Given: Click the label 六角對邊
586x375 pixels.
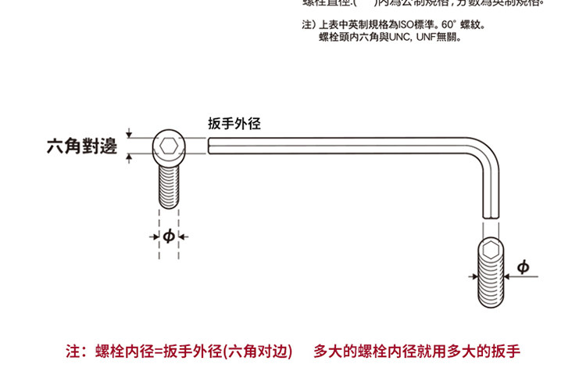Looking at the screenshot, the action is [81, 146].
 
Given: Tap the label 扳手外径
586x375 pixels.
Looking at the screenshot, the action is [234, 124].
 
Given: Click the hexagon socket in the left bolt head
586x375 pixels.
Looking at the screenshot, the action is [168, 146].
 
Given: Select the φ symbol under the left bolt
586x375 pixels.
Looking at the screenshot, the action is [168, 236].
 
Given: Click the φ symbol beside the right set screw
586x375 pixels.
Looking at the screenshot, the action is [523, 269].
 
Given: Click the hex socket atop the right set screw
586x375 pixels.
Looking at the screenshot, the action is [491, 251].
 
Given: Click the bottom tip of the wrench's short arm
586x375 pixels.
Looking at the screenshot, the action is [491, 215].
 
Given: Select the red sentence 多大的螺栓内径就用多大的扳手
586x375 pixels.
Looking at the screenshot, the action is [416, 350].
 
